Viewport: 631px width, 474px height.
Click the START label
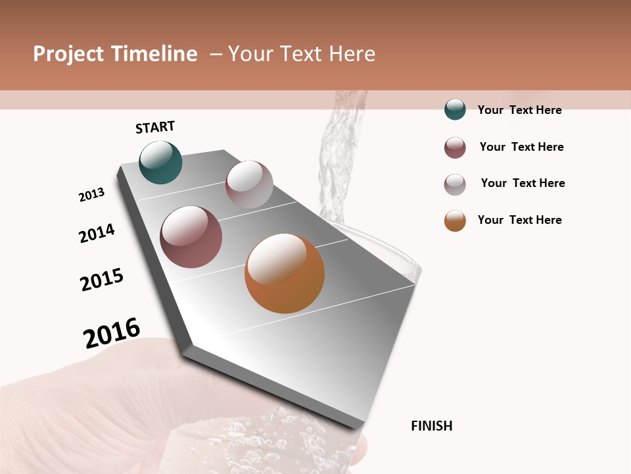[x=155, y=127]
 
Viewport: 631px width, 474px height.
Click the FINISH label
[x=431, y=426]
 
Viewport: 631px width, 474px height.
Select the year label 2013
[x=92, y=195]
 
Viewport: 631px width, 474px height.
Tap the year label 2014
[x=97, y=233]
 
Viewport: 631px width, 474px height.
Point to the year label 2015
[x=102, y=280]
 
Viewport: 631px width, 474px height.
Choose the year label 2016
[x=112, y=333]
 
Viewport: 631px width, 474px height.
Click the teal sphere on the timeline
[x=160, y=162]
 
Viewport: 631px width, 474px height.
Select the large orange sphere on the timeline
[x=285, y=273]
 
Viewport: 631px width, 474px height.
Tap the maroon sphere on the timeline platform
[x=191, y=237]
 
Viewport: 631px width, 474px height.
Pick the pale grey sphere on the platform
[x=249, y=184]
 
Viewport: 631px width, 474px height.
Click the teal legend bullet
[x=455, y=110]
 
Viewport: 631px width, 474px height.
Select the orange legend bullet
[x=455, y=221]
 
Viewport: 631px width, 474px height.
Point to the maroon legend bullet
[x=455, y=147]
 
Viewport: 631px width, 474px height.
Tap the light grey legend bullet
[x=455, y=184]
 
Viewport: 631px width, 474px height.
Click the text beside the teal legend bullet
[x=519, y=110]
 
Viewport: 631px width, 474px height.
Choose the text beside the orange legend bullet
[x=519, y=220]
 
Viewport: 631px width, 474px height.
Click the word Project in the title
[x=68, y=54]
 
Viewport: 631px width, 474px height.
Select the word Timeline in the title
[x=154, y=54]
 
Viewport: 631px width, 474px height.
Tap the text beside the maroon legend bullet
[x=521, y=147]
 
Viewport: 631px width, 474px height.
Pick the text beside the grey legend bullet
[x=523, y=183]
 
